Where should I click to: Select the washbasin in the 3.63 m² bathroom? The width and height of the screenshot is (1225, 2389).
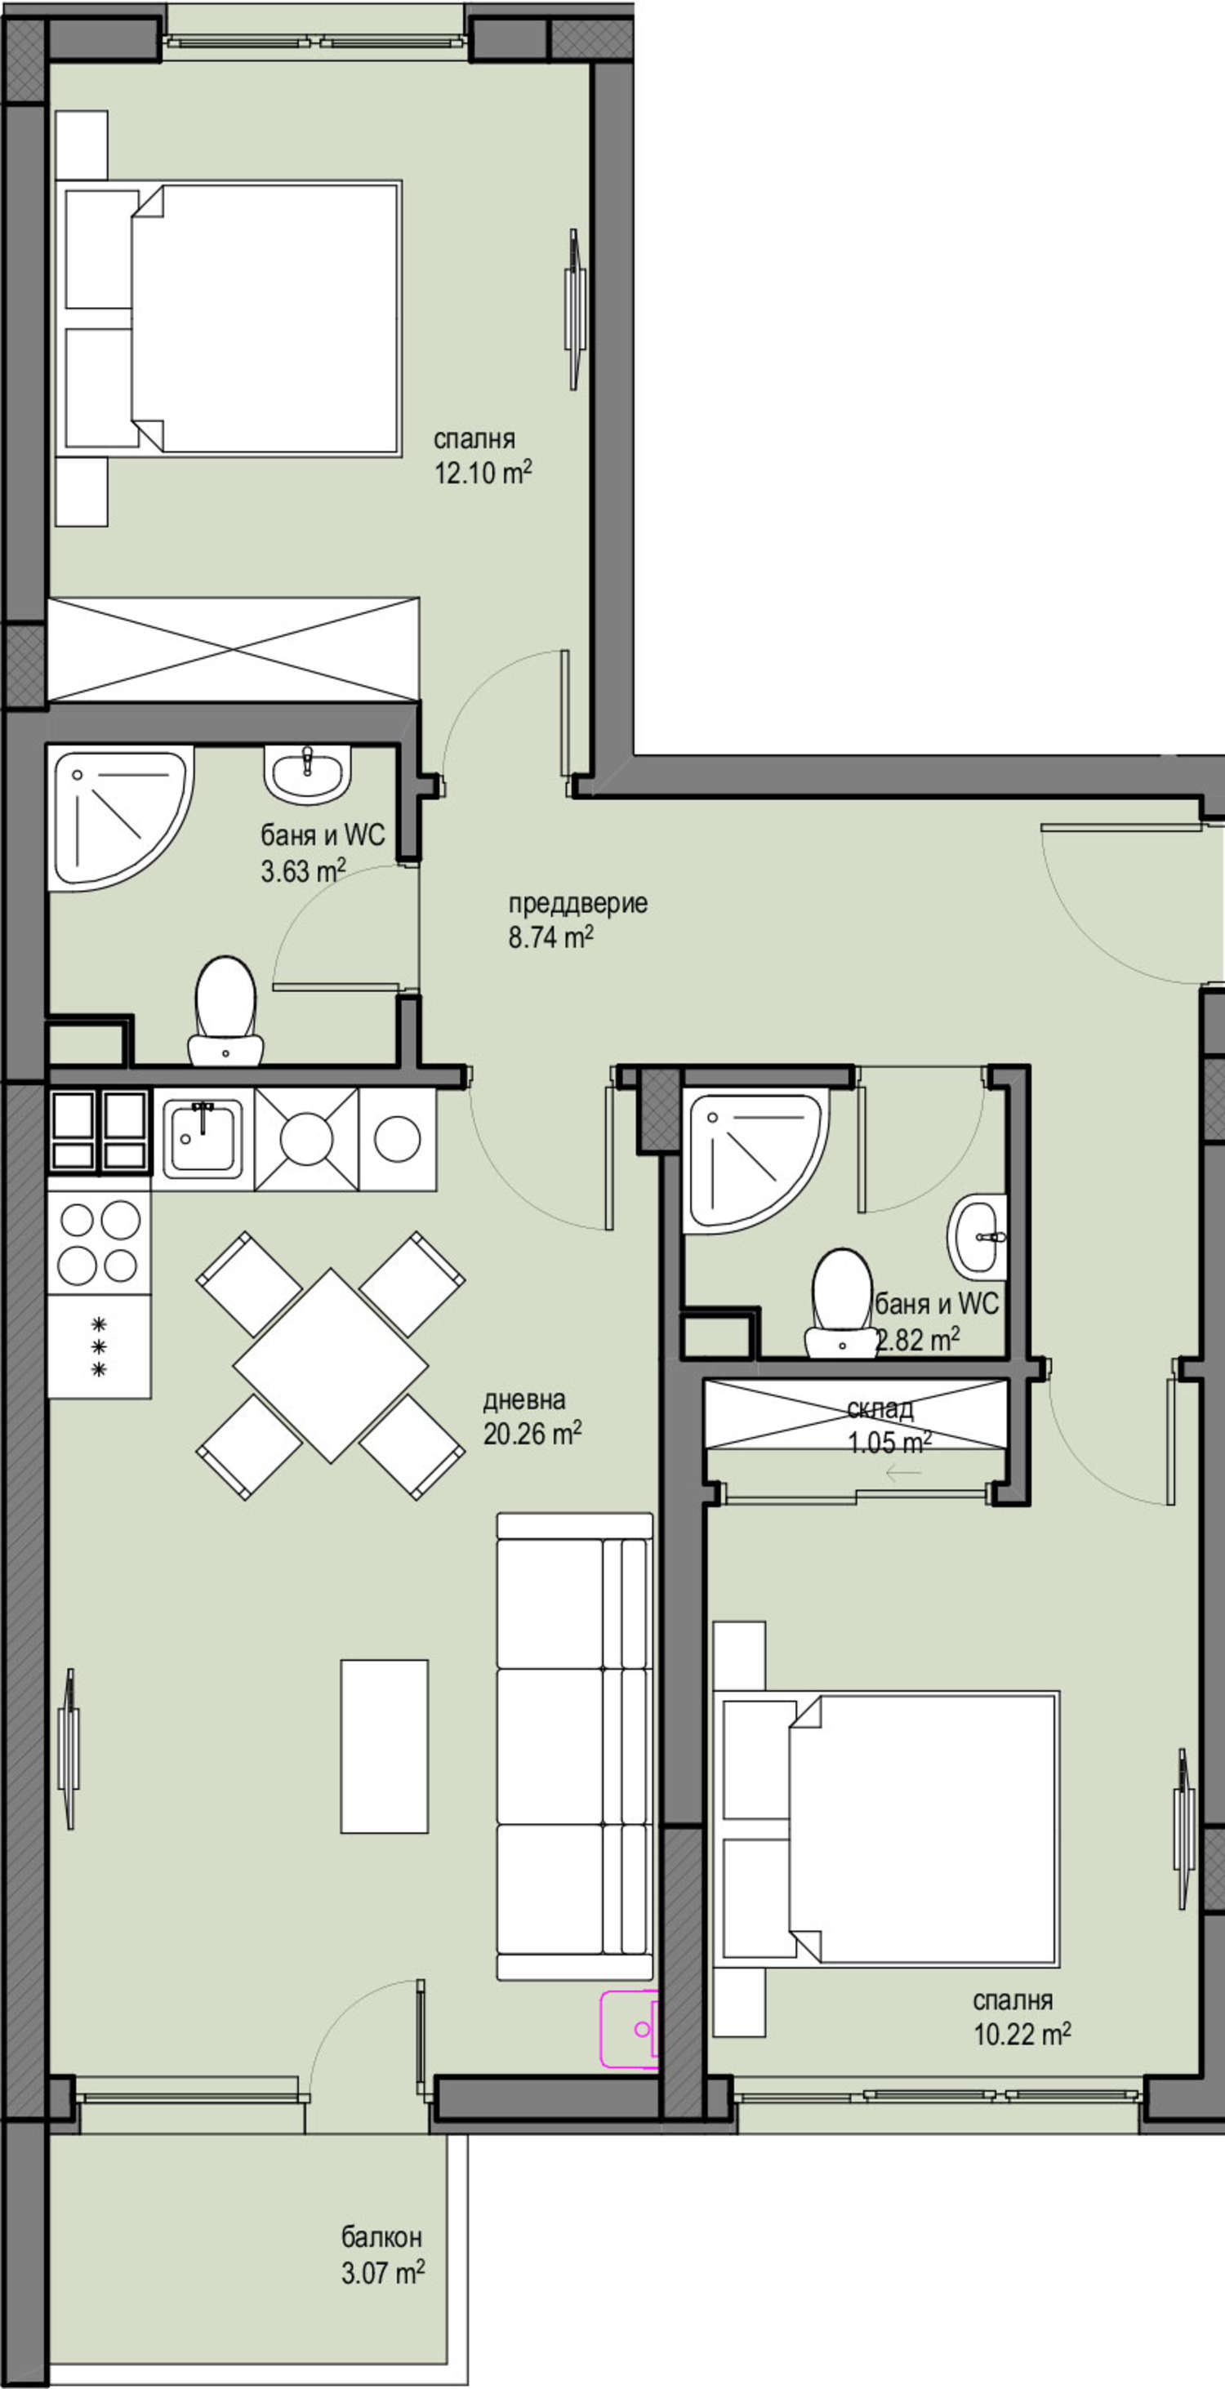[307, 774]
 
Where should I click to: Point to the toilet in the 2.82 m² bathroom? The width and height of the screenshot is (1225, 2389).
[841, 1303]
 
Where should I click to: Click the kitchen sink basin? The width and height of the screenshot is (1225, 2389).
[203, 1140]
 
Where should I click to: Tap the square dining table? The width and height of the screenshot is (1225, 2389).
[330, 1365]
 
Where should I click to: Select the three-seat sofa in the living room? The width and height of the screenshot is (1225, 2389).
[575, 1747]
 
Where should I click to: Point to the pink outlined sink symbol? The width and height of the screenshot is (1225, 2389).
[630, 2029]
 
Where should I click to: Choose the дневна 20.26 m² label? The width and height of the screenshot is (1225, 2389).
[532, 1416]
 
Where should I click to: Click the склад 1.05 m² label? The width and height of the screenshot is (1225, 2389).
[889, 1426]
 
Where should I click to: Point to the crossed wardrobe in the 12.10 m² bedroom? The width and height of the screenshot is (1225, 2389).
[234, 649]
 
